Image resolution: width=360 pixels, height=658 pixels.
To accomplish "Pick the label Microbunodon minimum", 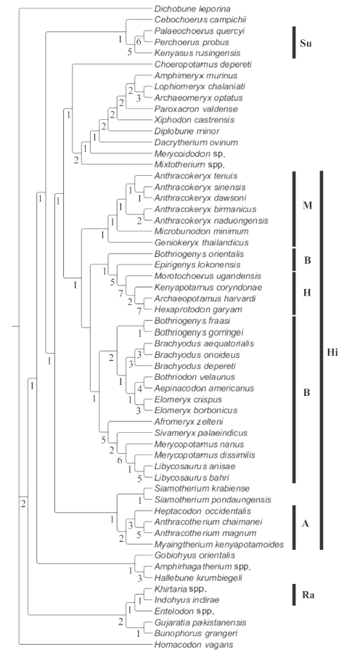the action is tap(195, 231).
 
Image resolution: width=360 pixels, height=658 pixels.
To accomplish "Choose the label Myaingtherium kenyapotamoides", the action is tap(218, 545).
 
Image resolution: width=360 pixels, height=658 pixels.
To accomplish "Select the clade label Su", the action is tap(306, 44).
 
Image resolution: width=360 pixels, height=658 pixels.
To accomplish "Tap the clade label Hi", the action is tap(332, 352).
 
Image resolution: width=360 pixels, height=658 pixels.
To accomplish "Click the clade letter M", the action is tap(308, 206).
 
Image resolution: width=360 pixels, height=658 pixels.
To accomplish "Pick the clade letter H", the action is tap(307, 293).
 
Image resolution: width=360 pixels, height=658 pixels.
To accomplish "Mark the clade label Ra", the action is tap(307, 595).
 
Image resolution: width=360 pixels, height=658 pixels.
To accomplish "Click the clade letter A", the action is tap(306, 524).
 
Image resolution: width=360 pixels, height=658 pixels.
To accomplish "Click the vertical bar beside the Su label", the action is tap(294, 42).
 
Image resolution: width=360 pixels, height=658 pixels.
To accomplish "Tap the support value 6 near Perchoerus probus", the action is tap(138, 41).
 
